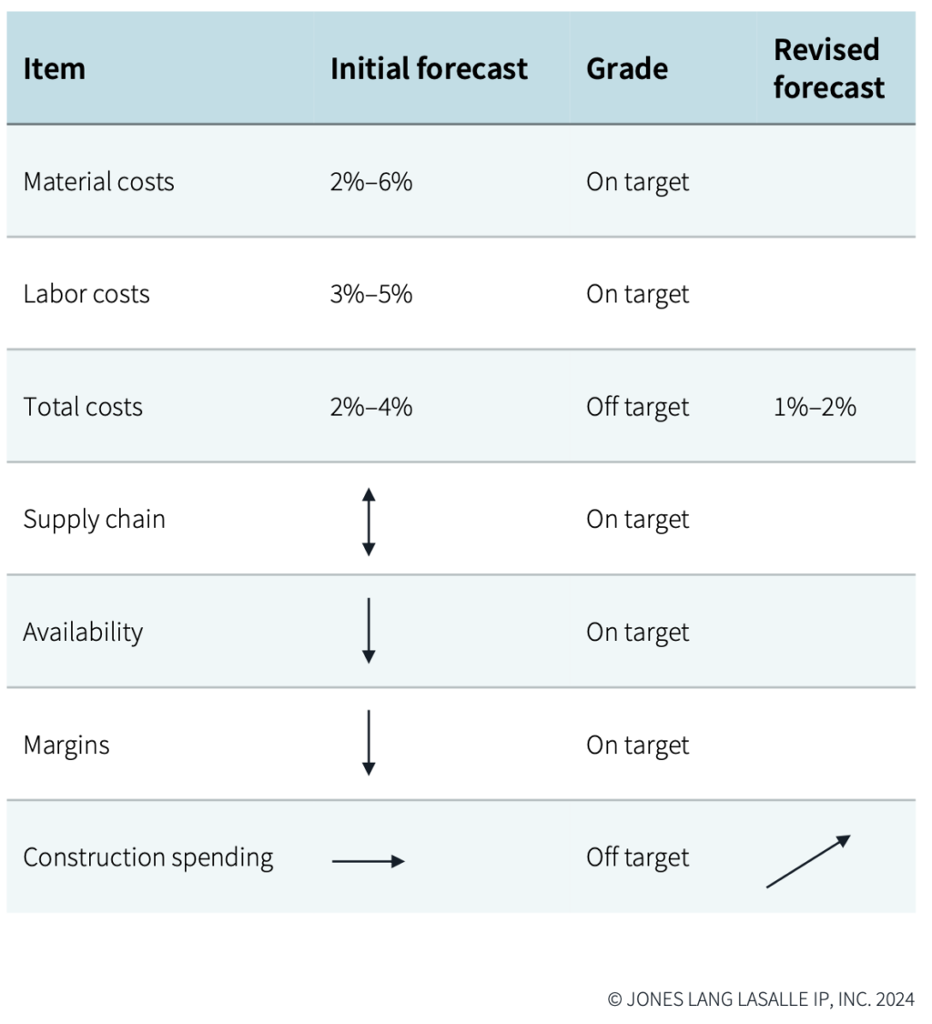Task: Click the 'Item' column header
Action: (x=54, y=69)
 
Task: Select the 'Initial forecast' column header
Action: (x=429, y=69)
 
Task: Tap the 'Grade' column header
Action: (x=626, y=69)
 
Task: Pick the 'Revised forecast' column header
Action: (x=828, y=68)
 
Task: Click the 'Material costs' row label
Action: (x=98, y=181)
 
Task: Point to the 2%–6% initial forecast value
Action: (x=371, y=181)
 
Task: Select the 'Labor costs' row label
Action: (x=86, y=294)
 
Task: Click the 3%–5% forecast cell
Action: (x=371, y=294)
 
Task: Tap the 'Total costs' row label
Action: (x=83, y=407)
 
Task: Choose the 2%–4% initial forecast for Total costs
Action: (x=371, y=407)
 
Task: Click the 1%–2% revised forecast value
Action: (x=815, y=407)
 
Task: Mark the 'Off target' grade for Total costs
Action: (x=637, y=407)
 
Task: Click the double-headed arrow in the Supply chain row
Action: (x=369, y=522)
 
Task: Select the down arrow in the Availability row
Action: (x=369, y=631)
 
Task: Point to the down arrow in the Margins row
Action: (x=369, y=743)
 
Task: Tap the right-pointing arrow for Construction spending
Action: (x=368, y=861)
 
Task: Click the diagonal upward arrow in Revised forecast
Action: (x=808, y=861)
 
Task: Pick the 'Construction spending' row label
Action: (x=147, y=857)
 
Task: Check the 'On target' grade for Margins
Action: (x=637, y=745)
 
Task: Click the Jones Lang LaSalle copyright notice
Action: (x=761, y=999)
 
